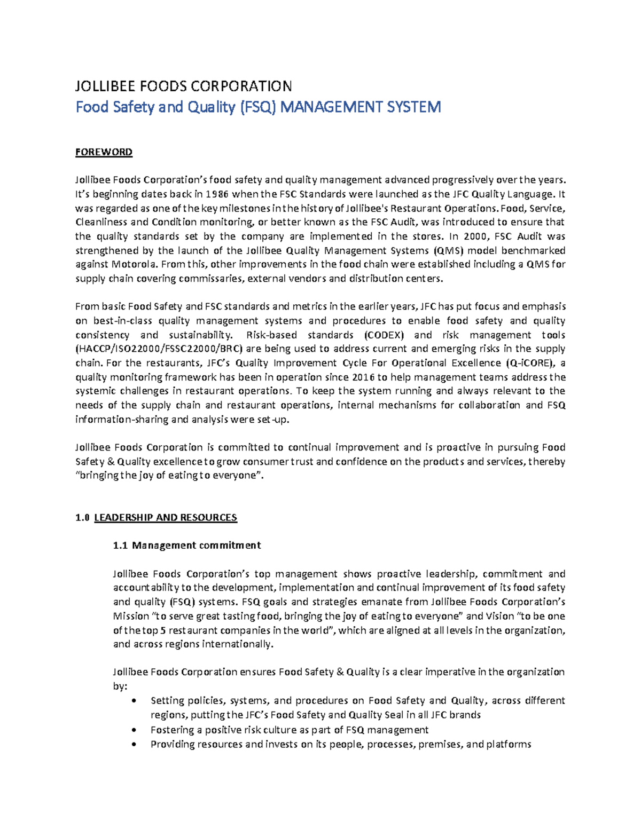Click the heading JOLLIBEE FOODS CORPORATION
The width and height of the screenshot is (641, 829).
pos(183,86)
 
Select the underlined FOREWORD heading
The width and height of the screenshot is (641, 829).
pos(104,152)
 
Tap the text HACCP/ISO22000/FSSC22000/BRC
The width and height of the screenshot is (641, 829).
pos(160,349)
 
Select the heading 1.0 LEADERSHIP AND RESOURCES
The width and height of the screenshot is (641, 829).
pos(156,517)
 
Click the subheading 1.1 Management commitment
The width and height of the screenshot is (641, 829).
pos(187,545)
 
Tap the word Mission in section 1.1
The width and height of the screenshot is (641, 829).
pos(131,616)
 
